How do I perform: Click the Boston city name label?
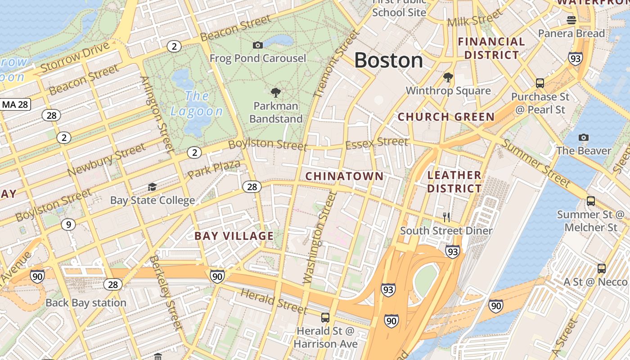click(388, 60)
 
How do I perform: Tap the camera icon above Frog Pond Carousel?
click(258, 45)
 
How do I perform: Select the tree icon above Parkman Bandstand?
click(276, 93)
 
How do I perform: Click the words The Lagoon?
click(197, 103)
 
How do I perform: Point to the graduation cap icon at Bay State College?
click(153, 187)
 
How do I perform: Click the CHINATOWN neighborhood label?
click(344, 176)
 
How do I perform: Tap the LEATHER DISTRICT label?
click(454, 181)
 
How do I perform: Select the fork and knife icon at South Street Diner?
click(446, 217)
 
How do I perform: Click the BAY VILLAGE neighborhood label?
click(234, 236)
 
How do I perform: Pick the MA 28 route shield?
click(15, 105)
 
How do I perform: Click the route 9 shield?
click(68, 224)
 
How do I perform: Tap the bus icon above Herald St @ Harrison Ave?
click(325, 317)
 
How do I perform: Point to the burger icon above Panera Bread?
click(571, 20)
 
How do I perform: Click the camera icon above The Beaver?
click(584, 137)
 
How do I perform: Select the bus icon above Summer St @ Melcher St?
click(591, 201)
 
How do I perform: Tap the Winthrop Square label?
click(448, 90)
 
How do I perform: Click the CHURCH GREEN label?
click(446, 117)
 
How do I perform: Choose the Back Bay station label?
click(85, 302)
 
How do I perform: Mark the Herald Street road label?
click(274, 301)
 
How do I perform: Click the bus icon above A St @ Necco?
click(602, 269)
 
